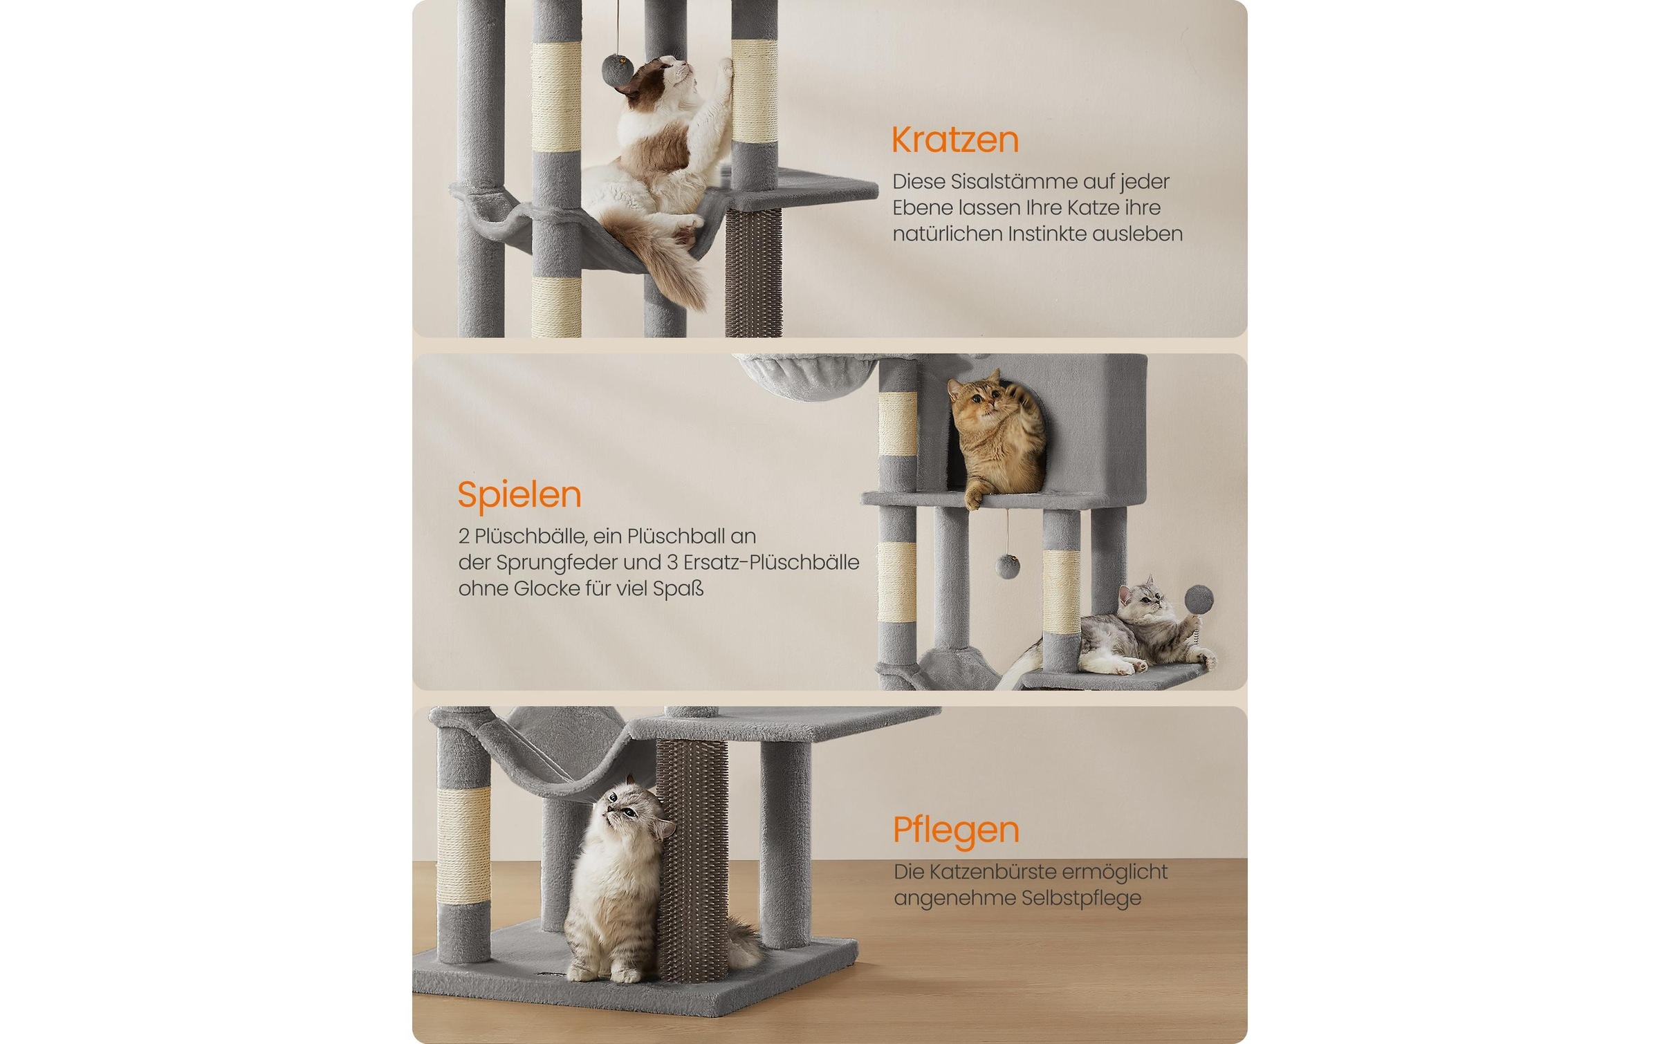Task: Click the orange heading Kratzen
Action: coord(954,140)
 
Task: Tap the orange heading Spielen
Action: coord(519,496)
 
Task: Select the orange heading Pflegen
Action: coord(956,830)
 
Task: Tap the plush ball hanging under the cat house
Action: coord(1007,566)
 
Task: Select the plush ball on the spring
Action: coord(1199,598)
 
